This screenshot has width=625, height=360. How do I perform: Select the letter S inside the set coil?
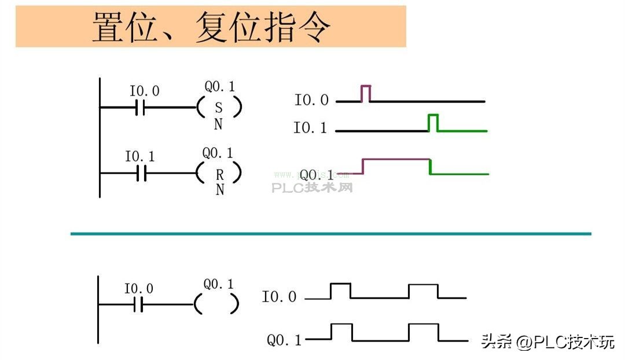coord(218,108)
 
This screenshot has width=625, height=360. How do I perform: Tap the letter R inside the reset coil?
coord(219,173)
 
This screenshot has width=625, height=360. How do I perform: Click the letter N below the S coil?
coord(218,124)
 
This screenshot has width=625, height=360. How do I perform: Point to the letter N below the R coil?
coord(219,190)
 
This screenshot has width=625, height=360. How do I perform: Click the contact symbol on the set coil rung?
coord(139,108)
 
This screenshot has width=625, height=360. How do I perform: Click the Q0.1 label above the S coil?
coord(220,87)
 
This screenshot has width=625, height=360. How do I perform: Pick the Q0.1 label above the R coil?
coord(218,153)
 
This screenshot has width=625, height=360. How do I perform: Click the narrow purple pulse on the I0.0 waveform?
coord(366,93)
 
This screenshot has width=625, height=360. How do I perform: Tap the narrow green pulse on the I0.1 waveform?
coord(433,123)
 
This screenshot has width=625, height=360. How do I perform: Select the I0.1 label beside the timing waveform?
coord(310,128)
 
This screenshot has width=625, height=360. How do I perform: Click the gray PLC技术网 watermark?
coord(312,188)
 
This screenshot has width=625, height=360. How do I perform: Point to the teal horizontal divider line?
coord(330,234)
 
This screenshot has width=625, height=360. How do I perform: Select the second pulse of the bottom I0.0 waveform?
coord(423,291)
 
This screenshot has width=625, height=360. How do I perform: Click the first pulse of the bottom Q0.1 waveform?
coord(342,332)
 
